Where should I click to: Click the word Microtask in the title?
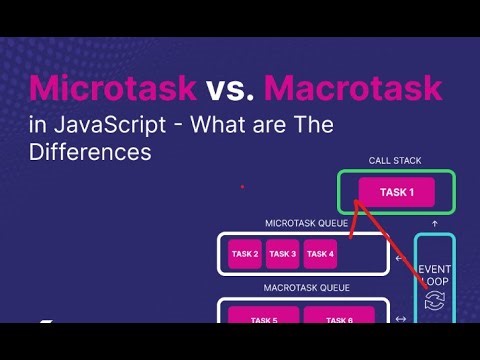coord(111,89)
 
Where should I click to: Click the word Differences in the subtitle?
coord(90,153)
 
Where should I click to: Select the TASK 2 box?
coord(244,254)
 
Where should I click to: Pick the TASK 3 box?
coord(283,254)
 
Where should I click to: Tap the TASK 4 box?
coord(320,254)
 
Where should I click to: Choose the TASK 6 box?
coord(339,320)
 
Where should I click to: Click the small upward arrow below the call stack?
coord(435,222)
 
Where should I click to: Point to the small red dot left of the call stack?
coord(242,186)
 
